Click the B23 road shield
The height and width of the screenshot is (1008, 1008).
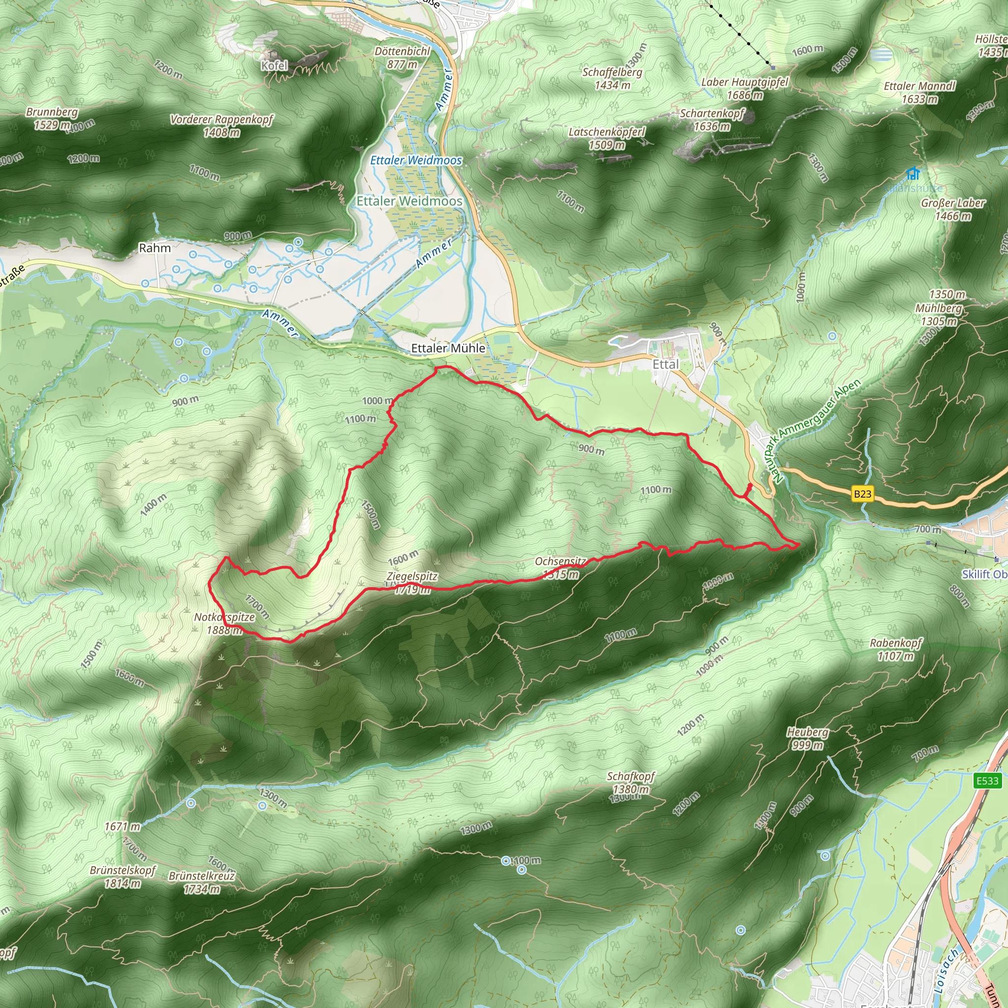point(862,494)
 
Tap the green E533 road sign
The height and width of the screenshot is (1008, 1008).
point(987,781)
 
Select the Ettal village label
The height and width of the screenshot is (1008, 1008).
point(666,364)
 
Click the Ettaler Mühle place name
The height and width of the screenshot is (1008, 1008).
point(448,348)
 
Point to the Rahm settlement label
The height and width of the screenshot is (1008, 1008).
point(155,248)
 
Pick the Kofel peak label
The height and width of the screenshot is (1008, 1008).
point(275,65)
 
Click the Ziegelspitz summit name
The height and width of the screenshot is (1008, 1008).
point(411,576)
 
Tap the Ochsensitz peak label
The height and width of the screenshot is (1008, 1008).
point(560,562)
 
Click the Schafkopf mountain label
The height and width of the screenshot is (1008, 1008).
point(630,776)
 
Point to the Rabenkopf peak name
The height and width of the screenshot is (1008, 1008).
point(896,643)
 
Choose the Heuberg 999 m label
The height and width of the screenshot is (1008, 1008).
point(808,738)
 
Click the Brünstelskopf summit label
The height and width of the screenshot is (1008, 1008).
point(123,870)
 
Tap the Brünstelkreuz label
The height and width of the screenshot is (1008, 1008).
point(201,876)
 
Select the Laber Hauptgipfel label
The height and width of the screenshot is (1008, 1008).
point(745,82)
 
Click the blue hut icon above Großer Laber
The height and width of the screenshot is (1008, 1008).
point(913,173)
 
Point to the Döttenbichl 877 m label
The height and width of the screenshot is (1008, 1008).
point(402,58)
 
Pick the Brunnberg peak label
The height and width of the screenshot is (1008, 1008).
point(52,112)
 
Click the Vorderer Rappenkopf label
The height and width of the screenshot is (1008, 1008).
point(222,120)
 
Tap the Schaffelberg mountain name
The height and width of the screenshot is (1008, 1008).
point(612,72)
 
